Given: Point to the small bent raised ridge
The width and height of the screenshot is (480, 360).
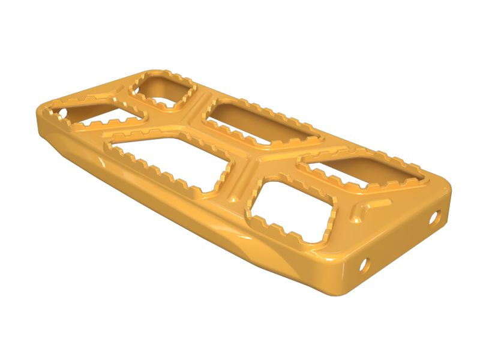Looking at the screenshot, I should coord(363,208).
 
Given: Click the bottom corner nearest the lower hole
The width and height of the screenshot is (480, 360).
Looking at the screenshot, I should coord(342,294).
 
